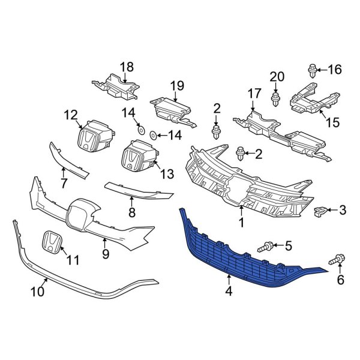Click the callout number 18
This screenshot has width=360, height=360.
[127, 67]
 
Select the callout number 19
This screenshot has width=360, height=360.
[176, 86]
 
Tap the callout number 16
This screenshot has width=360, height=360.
[334, 70]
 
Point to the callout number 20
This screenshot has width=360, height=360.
[276, 76]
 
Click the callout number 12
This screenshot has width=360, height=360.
[71, 114]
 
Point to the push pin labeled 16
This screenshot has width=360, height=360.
[312, 72]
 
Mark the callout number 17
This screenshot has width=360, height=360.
[254, 94]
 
